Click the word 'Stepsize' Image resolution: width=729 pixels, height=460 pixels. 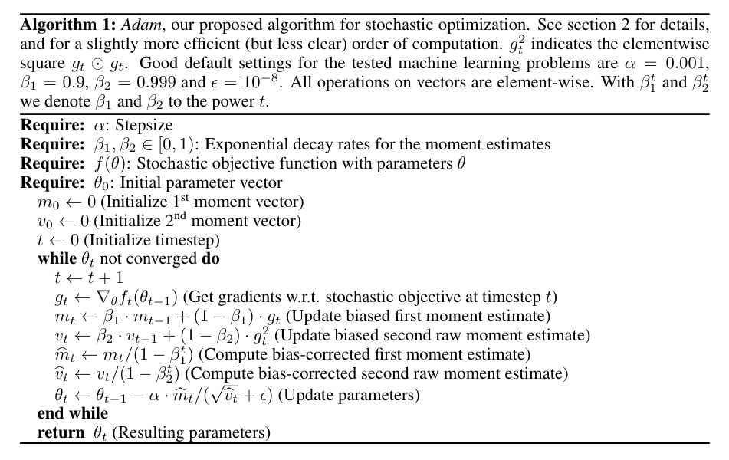(x=145, y=126)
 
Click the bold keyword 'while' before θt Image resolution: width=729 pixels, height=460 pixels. (x=57, y=258)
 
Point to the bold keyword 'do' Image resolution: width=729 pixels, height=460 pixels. (x=210, y=258)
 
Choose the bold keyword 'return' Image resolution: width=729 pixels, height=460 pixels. (x=61, y=433)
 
